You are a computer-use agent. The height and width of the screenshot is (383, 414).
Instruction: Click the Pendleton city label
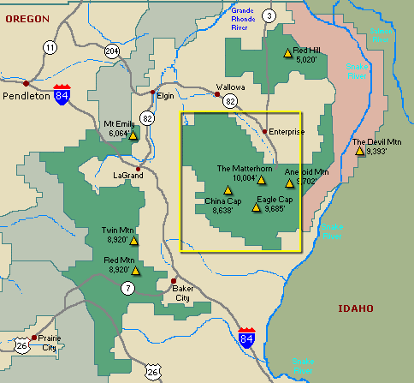point(25,96)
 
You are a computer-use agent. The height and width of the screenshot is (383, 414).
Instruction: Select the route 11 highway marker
point(50,47)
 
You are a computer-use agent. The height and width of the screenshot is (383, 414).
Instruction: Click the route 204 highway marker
point(112,51)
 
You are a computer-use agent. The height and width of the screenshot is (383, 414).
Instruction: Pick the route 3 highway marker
point(269,15)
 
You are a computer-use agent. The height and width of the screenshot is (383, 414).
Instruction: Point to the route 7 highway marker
point(127,288)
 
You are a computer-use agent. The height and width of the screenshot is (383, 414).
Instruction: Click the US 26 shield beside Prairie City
point(21,344)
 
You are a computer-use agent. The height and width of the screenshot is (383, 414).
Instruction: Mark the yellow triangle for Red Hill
point(287,52)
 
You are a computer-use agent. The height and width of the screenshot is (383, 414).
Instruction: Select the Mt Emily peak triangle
point(133,135)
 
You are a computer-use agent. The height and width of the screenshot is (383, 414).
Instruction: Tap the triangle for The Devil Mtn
point(359,151)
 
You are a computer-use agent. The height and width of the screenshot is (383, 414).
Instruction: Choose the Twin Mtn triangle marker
point(133,241)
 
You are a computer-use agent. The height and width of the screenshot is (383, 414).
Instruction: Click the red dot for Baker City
point(174,281)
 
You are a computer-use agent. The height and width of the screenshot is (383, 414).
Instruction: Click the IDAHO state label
point(352,308)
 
